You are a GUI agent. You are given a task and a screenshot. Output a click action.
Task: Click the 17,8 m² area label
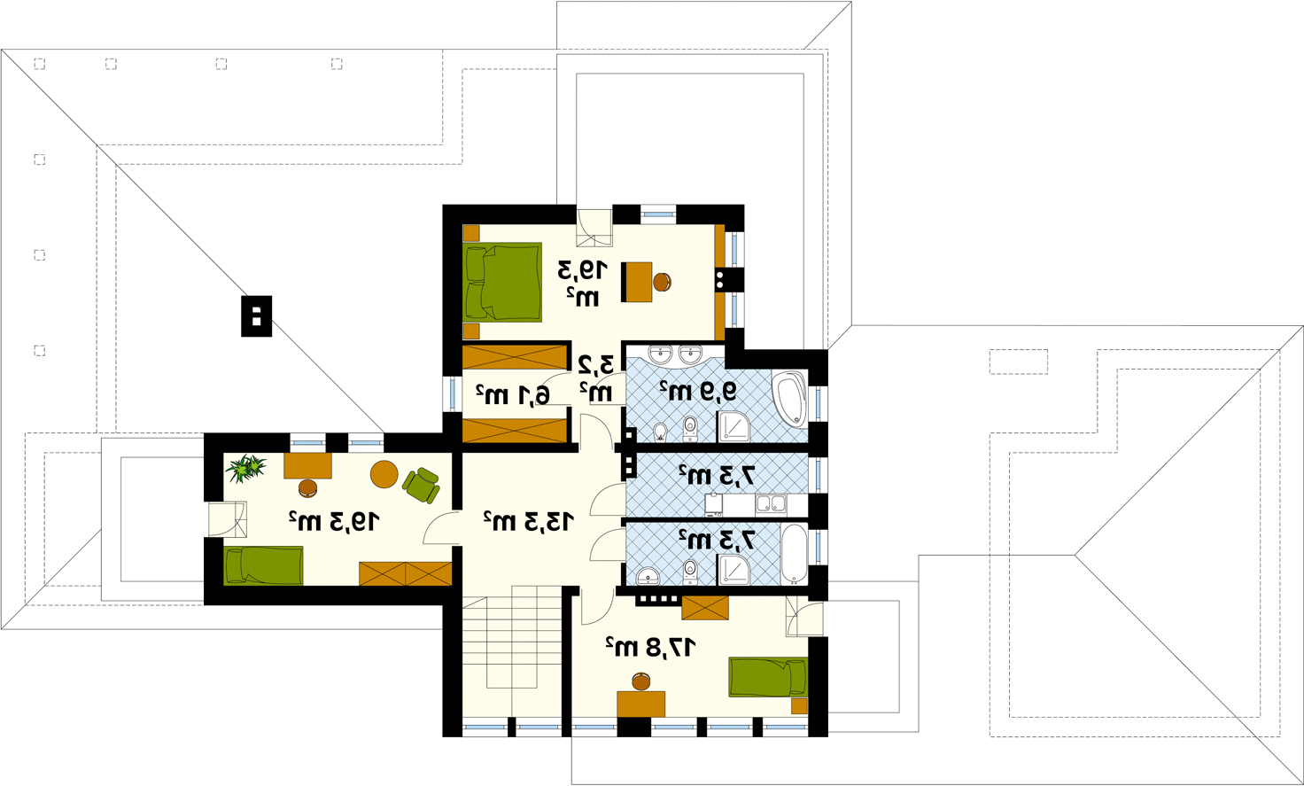(x=651, y=647)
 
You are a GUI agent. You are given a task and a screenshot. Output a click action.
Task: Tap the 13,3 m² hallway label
(x=529, y=521)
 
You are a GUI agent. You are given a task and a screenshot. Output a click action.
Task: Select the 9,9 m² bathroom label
(x=698, y=391)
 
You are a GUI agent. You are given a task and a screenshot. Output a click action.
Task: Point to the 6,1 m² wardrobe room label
(x=512, y=394)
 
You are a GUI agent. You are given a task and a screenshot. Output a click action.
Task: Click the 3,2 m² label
(x=596, y=379)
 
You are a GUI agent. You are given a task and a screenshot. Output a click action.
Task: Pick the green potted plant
(x=245, y=468)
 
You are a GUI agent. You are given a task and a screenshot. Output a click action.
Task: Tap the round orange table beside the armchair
(x=384, y=474)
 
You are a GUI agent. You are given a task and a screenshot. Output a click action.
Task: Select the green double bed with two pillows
(x=503, y=283)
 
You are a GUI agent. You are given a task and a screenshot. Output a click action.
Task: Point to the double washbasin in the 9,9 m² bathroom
(x=675, y=354)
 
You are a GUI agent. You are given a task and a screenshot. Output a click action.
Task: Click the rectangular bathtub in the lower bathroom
(x=794, y=554)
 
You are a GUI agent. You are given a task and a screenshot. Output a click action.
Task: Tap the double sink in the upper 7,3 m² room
(x=771, y=504)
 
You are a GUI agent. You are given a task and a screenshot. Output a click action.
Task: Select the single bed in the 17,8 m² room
(x=768, y=677)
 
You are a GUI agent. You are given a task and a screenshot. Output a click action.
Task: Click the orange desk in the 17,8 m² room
(x=641, y=704)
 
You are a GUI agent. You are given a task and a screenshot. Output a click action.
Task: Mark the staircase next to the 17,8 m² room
(x=512, y=662)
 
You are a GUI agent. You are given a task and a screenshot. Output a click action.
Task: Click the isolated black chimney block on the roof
(x=257, y=316)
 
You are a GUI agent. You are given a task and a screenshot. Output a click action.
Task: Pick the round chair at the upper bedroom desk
(x=662, y=283)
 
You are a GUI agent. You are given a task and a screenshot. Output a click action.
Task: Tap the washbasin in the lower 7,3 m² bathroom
(x=648, y=576)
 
